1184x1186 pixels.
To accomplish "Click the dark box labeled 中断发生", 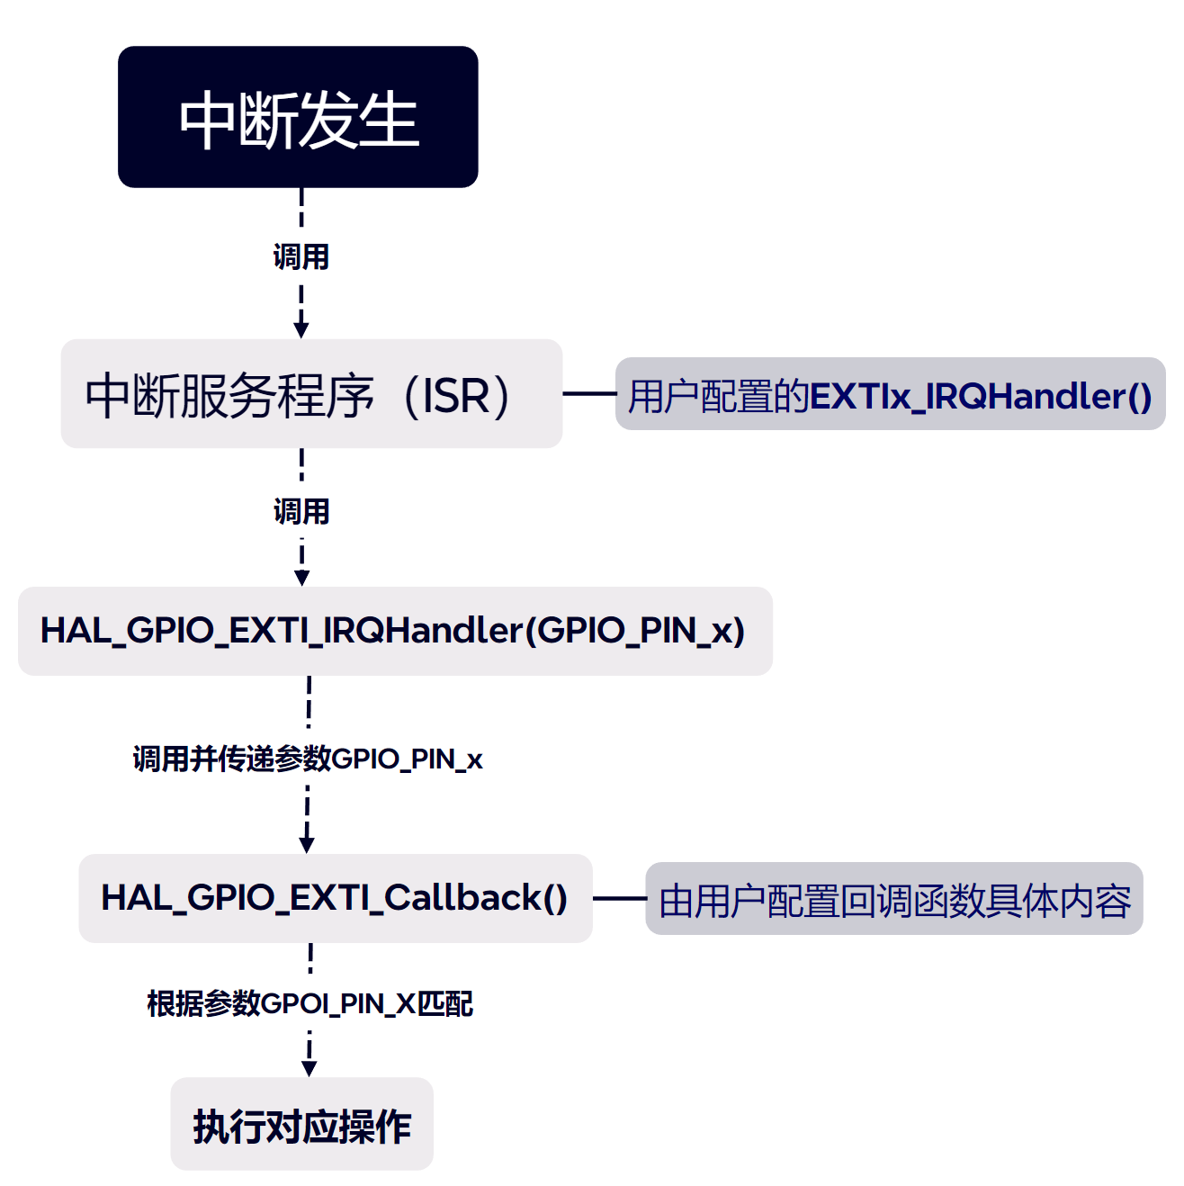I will (298, 117).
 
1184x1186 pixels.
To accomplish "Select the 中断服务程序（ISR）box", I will (311, 394).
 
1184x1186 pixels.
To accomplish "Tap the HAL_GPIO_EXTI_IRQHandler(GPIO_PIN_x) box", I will (394, 631).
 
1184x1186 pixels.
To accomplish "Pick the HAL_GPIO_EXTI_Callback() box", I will (335, 898).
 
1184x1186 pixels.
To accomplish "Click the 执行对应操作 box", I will (301, 1125).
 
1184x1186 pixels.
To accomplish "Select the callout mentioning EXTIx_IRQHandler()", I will (890, 395).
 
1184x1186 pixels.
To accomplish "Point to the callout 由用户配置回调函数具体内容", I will (894, 899).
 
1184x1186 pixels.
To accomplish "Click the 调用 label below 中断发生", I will (301, 257).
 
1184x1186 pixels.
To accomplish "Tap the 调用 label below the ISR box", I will (301, 512).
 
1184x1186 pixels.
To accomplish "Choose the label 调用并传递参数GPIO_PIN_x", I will (308, 759).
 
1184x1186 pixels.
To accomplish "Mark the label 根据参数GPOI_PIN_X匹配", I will (310, 1003).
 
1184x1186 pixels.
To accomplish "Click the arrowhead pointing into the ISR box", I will (301, 329).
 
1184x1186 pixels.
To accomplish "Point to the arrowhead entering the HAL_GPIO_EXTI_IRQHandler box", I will (302, 578).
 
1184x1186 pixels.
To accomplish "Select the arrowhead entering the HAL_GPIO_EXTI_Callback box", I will (307, 845).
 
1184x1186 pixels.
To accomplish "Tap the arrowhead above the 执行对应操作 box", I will (309, 1068).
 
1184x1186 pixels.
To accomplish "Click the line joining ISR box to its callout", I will (588, 393).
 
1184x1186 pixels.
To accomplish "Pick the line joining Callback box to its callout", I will (619, 898).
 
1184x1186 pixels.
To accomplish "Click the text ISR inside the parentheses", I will (456, 396).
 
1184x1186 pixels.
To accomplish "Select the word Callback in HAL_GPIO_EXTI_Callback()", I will (462, 898).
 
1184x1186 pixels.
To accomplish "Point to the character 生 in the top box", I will (390, 120).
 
